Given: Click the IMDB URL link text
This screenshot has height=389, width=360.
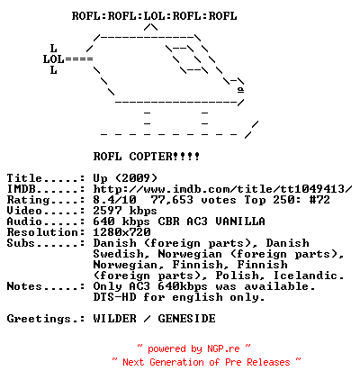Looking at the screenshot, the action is pos(222,189).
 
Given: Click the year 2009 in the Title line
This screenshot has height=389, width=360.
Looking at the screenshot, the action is pos(136,178).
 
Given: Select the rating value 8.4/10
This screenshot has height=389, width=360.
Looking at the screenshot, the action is pos(114,200).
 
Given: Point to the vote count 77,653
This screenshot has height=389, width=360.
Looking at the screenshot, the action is pos(172,200).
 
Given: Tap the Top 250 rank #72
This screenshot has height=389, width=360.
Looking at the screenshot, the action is pos(319,200).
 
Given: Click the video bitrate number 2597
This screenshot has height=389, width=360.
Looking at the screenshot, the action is pos(107,211).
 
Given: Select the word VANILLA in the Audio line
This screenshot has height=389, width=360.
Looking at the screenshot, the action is pos(240,222).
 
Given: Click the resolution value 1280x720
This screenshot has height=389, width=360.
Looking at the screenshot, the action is pos(121,232).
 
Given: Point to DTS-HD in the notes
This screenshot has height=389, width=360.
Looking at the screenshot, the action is pos(114,297).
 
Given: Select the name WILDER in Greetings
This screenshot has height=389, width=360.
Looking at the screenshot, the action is pos(114,319).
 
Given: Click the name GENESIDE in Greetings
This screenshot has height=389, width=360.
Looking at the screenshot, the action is pos(186,319).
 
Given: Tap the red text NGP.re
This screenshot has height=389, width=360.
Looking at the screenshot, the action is pos(223,348).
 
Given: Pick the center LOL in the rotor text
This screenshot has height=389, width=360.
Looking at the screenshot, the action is pos(155,16).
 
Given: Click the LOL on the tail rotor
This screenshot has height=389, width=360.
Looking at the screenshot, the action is pos(53,59).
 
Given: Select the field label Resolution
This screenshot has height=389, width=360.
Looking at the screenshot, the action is pos(42,232).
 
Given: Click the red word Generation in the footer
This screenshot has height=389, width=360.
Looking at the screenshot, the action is pos(176,362).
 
